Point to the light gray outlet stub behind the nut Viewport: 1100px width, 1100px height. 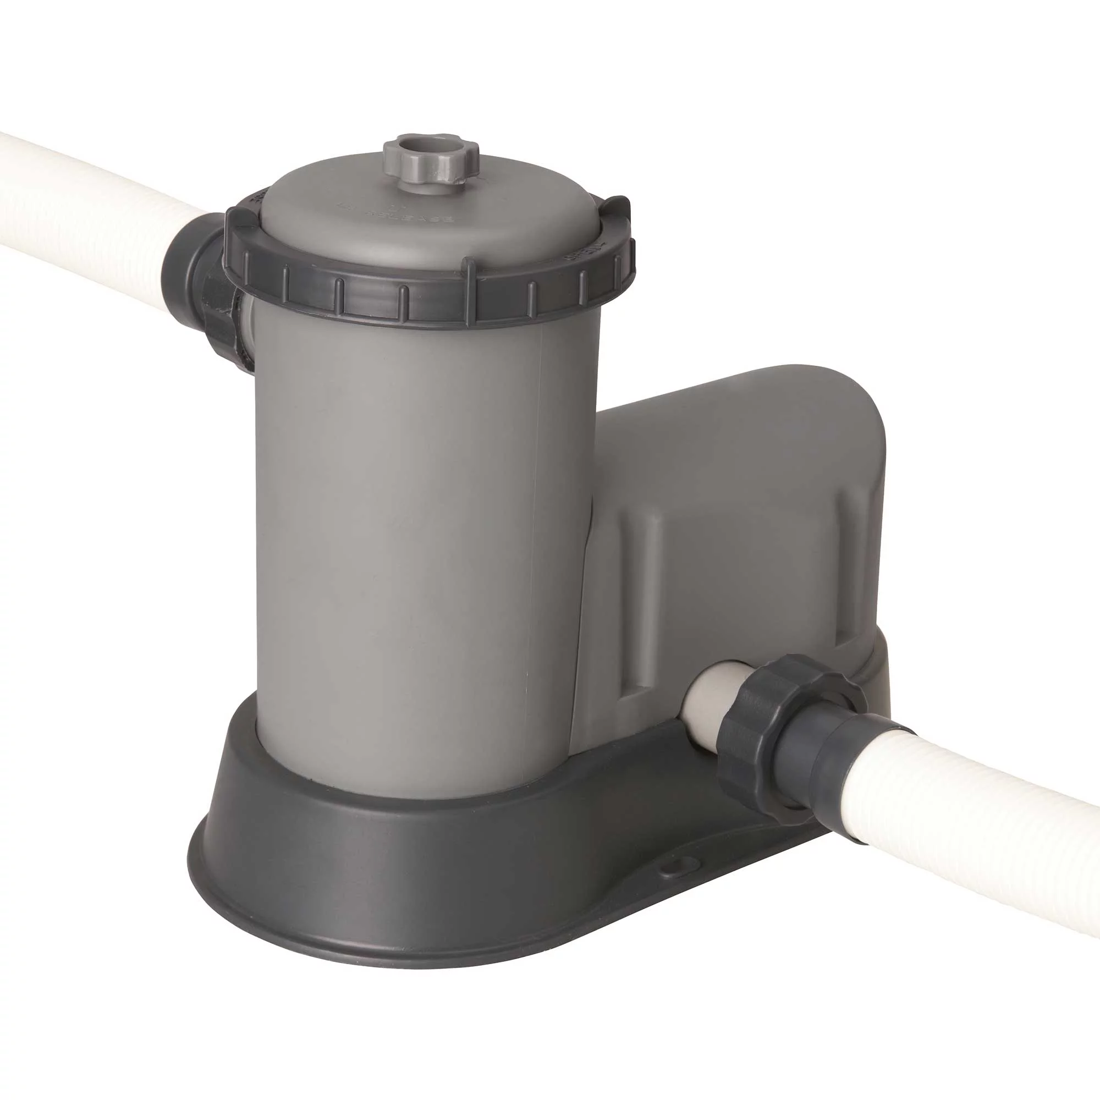click(x=706, y=700)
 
